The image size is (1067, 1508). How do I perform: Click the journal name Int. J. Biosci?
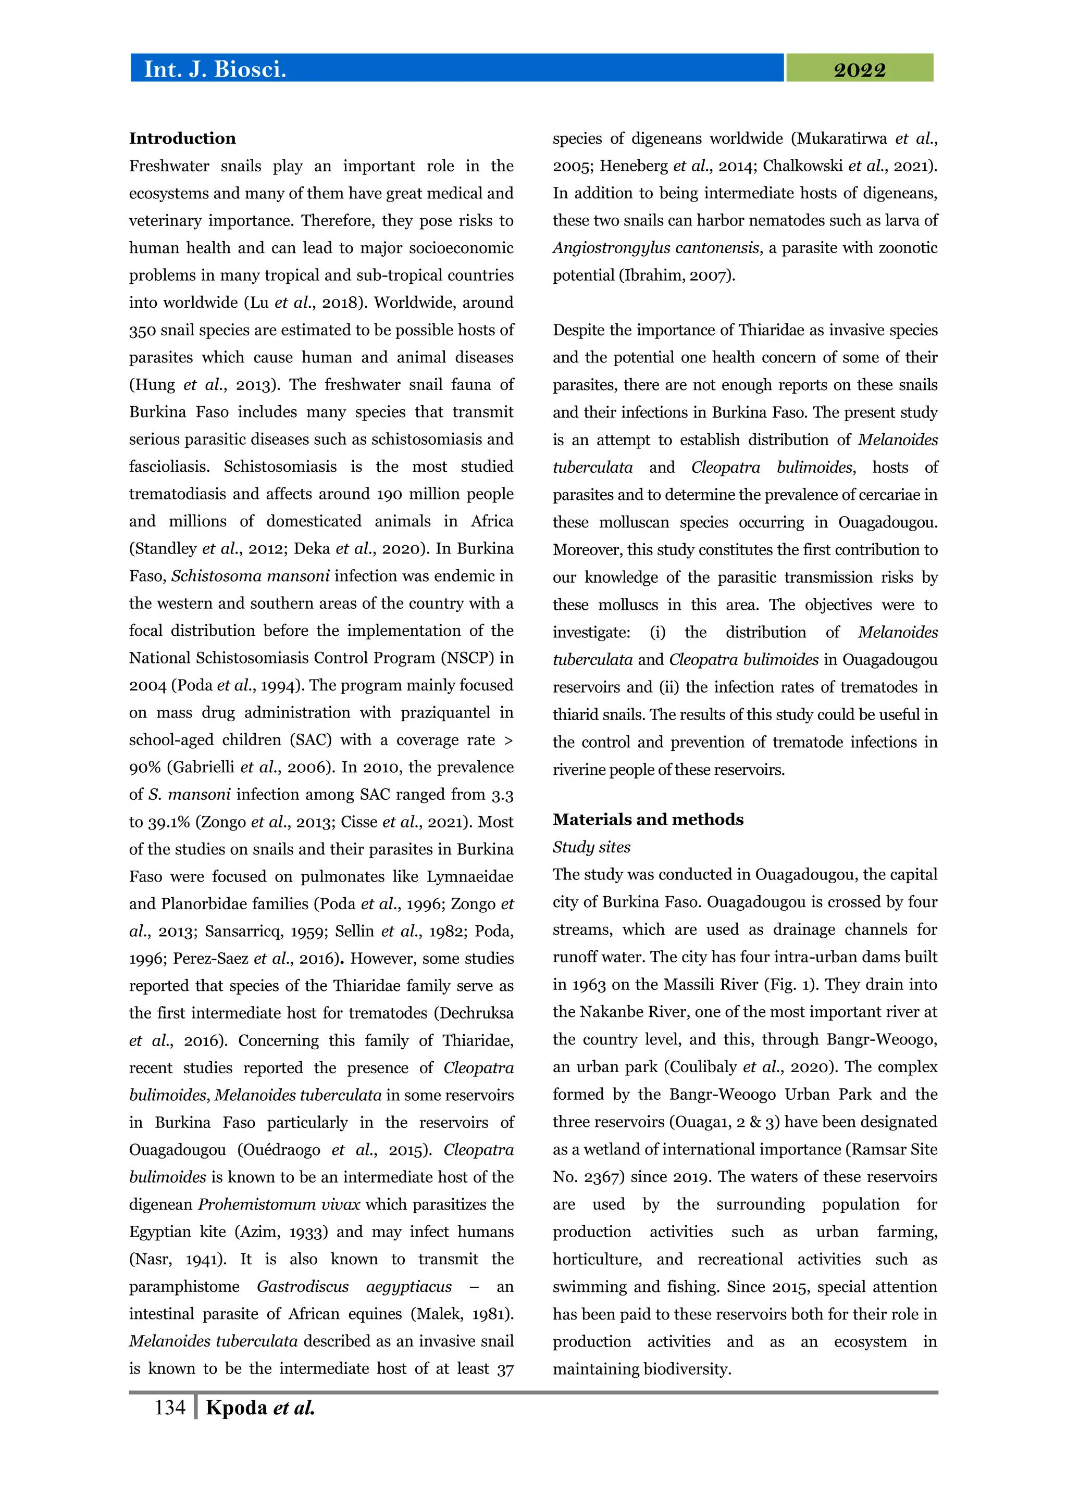click(215, 69)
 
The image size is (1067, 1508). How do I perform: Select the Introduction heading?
click(182, 139)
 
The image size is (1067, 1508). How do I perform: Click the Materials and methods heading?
click(648, 819)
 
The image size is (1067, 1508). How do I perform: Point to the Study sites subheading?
click(591, 847)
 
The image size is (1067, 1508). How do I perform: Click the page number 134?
click(169, 1407)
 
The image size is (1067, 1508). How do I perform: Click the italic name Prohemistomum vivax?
click(279, 1204)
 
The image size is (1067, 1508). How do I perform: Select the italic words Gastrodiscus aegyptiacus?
click(354, 1287)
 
